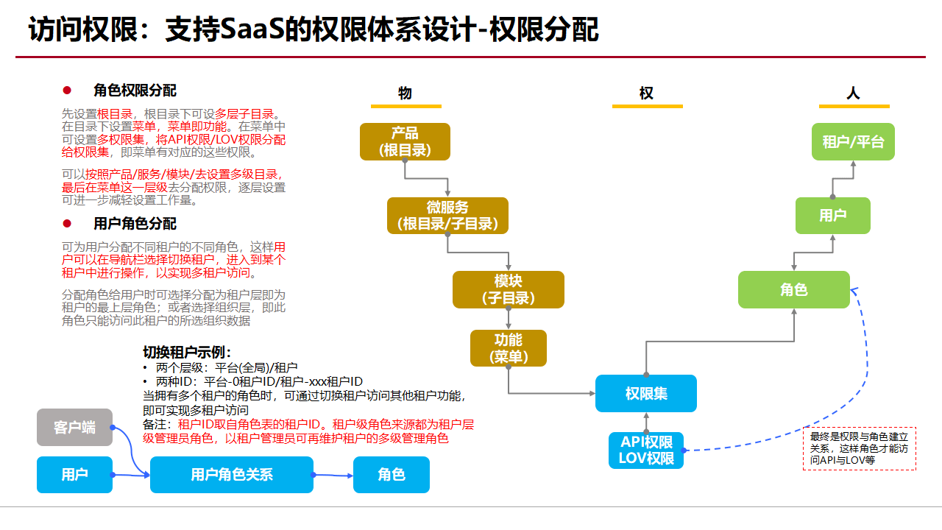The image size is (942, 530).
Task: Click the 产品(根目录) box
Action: click(x=405, y=141)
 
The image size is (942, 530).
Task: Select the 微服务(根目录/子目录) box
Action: click(x=447, y=216)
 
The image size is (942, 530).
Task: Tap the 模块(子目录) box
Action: click(x=509, y=289)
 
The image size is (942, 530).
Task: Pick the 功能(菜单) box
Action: click(x=509, y=348)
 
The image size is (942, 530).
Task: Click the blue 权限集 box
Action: click(x=646, y=393)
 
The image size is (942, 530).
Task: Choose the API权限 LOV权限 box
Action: click(x=647, y=450)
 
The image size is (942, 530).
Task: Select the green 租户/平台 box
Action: click(x=853, y=141)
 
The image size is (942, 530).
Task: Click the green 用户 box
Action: click(x=832, y=216)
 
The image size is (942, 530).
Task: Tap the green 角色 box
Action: click(x=794, y=289)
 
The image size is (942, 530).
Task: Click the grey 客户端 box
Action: click(x=74, y=427)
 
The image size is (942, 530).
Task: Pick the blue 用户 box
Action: click(x=74, y=475)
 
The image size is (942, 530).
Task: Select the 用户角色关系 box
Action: click(x=232, y=475)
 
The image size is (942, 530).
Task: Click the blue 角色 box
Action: click(x=391, y=475)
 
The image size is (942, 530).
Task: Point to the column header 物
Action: click(x=405, y=93)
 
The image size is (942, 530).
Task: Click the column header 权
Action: click(x=646, y=93)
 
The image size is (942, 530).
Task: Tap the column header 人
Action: click(x=853, y=93)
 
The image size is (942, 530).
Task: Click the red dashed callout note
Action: click(x=859, y=448)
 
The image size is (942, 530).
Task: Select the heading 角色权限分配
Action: click(x=135, y=91)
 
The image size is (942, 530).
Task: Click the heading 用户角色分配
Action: click(x=135, y=224)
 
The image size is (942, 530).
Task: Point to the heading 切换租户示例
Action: click(x=187, y=353)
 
